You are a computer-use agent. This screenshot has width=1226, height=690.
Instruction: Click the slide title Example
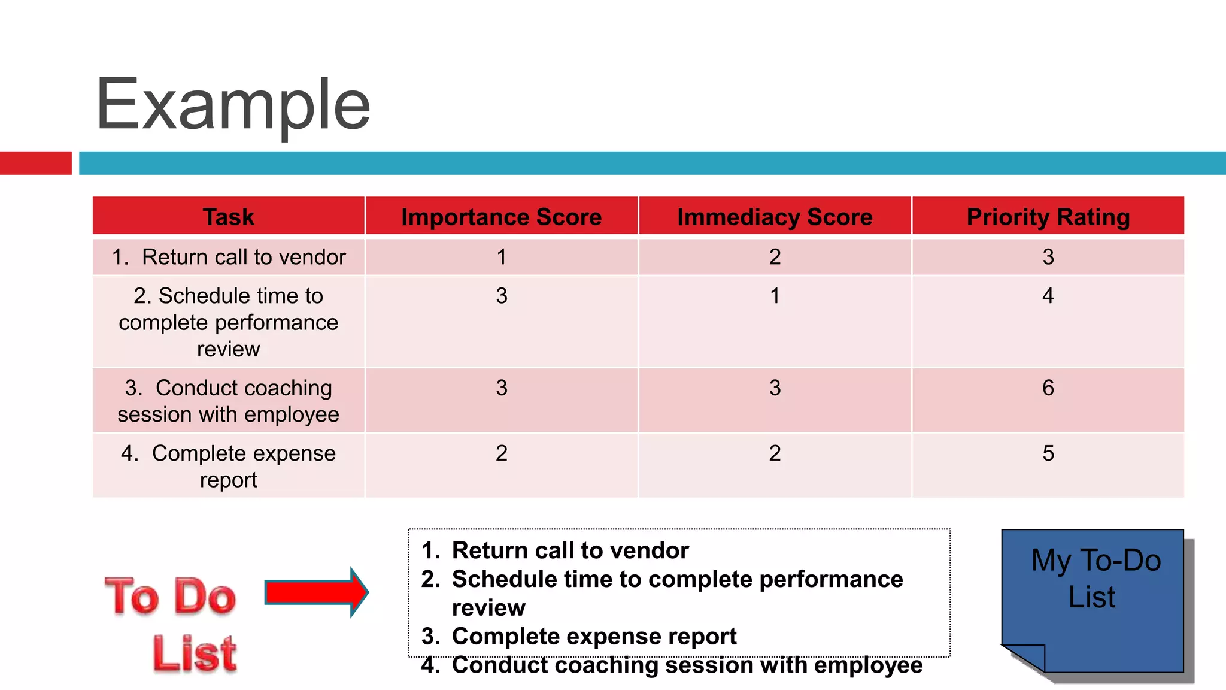point(233,105)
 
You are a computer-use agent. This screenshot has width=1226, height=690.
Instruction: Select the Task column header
point(228,217)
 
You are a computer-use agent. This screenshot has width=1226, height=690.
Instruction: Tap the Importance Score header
point(501,217)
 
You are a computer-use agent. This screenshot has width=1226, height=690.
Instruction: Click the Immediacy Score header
point(775,217)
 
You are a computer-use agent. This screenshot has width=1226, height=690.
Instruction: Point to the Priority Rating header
point(1048,217)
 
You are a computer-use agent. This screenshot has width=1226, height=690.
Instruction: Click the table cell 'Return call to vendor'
point(228,257)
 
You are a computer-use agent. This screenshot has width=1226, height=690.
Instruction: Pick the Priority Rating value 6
point(1048,388)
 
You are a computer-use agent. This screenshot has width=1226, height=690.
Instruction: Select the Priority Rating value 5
point(1048,453)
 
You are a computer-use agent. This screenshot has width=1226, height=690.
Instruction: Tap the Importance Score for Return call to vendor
point(501,257)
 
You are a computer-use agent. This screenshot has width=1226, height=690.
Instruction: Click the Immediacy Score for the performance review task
point(775,296)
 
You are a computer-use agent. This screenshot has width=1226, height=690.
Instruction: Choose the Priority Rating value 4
point(1048,296)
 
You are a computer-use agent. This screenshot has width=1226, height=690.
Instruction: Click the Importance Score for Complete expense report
point(501,453)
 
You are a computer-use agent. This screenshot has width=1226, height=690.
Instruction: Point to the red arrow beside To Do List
point(316,592)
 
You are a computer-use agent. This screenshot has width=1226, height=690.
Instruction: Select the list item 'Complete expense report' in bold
point(593,636)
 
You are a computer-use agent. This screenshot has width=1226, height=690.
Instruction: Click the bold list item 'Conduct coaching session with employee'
point(687,665)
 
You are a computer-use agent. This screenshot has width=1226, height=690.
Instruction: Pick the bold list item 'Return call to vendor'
point(569,550)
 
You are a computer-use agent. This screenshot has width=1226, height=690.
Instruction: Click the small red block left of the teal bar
point(35,163)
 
